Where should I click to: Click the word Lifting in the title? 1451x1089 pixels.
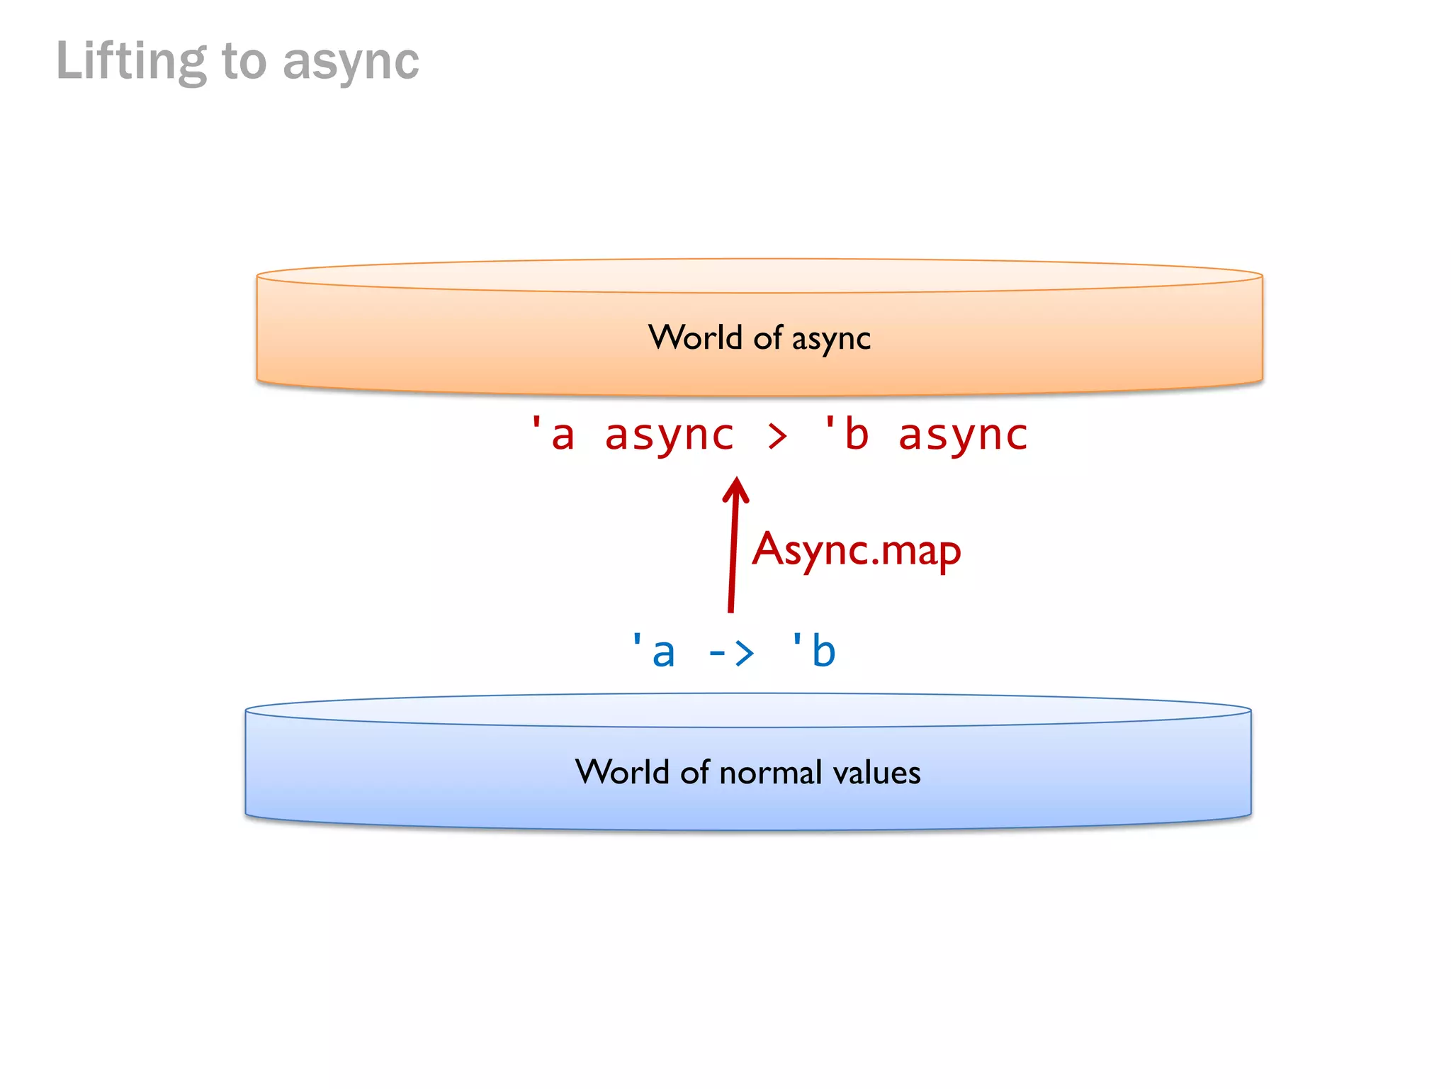point(131,62)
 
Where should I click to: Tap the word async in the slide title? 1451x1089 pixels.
point(351,62)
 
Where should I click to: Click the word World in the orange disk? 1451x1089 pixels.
point(695,337)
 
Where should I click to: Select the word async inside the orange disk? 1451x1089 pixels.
point(831,339)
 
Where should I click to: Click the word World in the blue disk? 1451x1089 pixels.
point(622,772)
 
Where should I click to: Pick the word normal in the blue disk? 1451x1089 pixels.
point(770,773)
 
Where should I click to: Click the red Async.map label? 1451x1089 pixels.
point(857,550)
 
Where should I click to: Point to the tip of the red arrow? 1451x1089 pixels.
point(737,480)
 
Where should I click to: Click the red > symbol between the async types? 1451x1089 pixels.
point(777,436)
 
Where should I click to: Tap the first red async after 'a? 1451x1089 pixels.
point(670,435)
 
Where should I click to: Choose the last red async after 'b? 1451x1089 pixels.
point(963,435)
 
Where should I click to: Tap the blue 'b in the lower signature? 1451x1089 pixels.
point(814,651)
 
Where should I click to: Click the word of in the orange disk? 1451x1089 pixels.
point(767,338)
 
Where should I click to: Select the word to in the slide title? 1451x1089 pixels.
point(244,62)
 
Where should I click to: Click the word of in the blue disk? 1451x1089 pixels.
point(694,772)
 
